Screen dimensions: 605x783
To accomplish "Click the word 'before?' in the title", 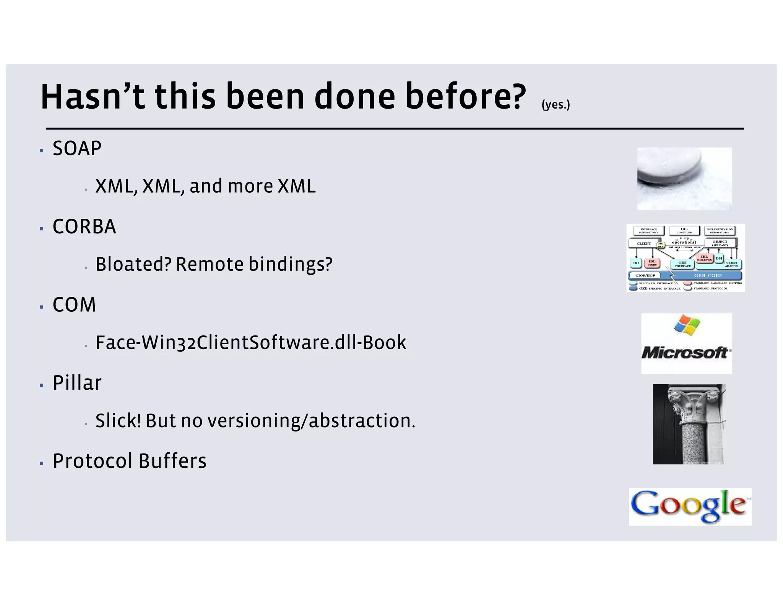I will pyautogui.click(x=465, y=96).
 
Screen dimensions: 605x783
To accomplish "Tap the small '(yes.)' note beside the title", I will pyautogui.click(x=556, y=104).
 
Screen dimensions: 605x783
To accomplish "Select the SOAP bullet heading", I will pyautogui.click(x=77, y=148).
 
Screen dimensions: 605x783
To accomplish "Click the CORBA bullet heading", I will pyautogui.click(x=84, y=226).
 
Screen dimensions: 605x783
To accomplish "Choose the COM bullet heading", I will pyautogui.click(x=74, y=305).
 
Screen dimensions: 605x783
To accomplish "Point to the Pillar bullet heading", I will pyautogui.click(x=77, y=383).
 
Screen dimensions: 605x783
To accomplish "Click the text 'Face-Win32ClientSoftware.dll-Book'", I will pyautogui.click(x=251, y=342).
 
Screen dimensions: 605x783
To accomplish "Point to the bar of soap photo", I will pyautogui.click(x=684, y=179).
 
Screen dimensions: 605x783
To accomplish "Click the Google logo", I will pyautogui.click(x=690, y=506).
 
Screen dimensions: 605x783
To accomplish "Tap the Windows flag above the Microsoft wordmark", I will pyautogui.click(x=687, y=325).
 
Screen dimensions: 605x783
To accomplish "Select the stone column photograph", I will pyautogui.click(x=689, y=424).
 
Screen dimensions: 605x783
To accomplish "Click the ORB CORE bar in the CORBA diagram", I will pyautogui.click(x=708, y=275).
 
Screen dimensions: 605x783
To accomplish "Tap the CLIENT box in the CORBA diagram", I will pyautogui.click(x=644, y=243).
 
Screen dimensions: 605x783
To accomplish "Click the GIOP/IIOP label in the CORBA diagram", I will pyautogui.click(x=645, y=275).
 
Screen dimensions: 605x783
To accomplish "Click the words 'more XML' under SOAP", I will pyautogui.click(x=271, y=186).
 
